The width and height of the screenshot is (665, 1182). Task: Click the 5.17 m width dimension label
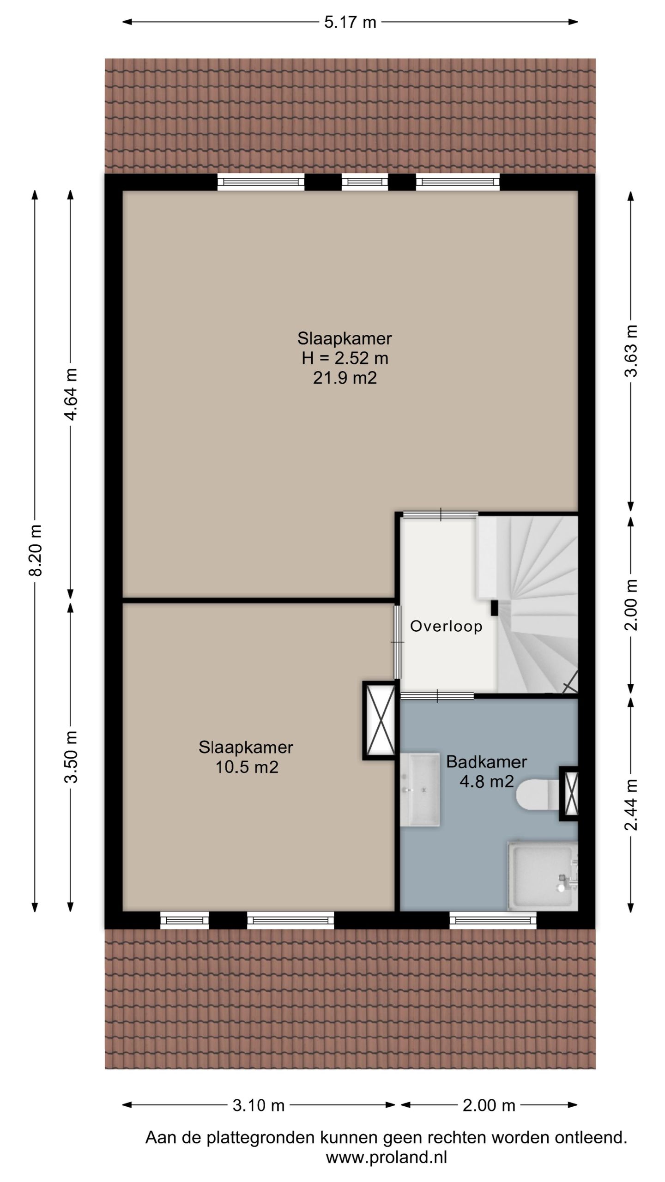tap(350, 22)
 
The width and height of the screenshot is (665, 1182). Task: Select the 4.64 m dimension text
tap(71, 394)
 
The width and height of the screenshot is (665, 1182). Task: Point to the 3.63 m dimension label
tap(631, 351)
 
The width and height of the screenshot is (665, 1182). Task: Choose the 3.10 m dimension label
tap(258, 1105)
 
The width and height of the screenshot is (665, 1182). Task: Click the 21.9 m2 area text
tap(345, 378)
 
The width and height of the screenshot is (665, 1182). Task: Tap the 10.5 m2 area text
tap(247, 767)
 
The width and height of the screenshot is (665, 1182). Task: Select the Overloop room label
tap(446, 626)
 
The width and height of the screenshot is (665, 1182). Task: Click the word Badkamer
tap(486, 761)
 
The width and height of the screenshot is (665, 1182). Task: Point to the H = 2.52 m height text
tap(345, 358)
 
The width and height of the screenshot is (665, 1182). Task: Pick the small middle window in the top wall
tap(365, 182)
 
